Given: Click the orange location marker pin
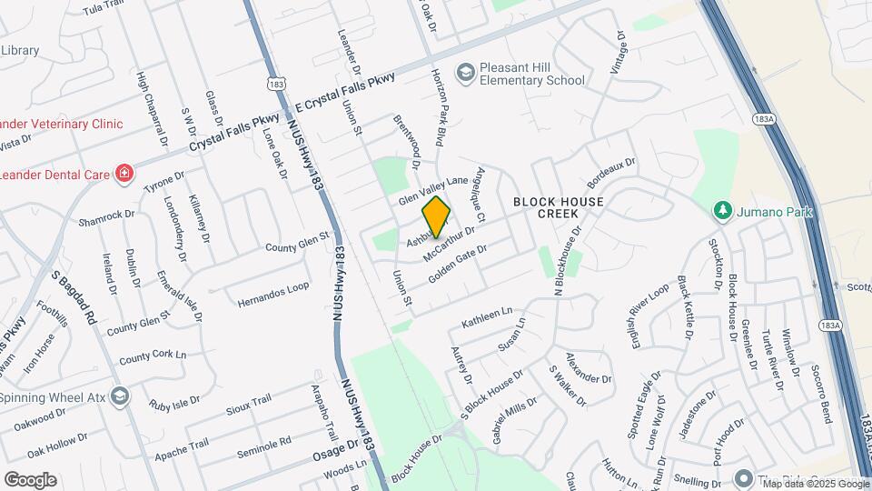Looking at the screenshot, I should (x=437, y=216).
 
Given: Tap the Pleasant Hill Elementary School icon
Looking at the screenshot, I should (x=465, y=72).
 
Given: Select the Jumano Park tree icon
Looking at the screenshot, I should (x=723, y=211).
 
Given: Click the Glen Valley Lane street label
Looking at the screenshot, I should (x=434, y=189).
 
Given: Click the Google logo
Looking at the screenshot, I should (x=30, y=479).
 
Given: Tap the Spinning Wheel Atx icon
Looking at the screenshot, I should (x=123, y=396).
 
